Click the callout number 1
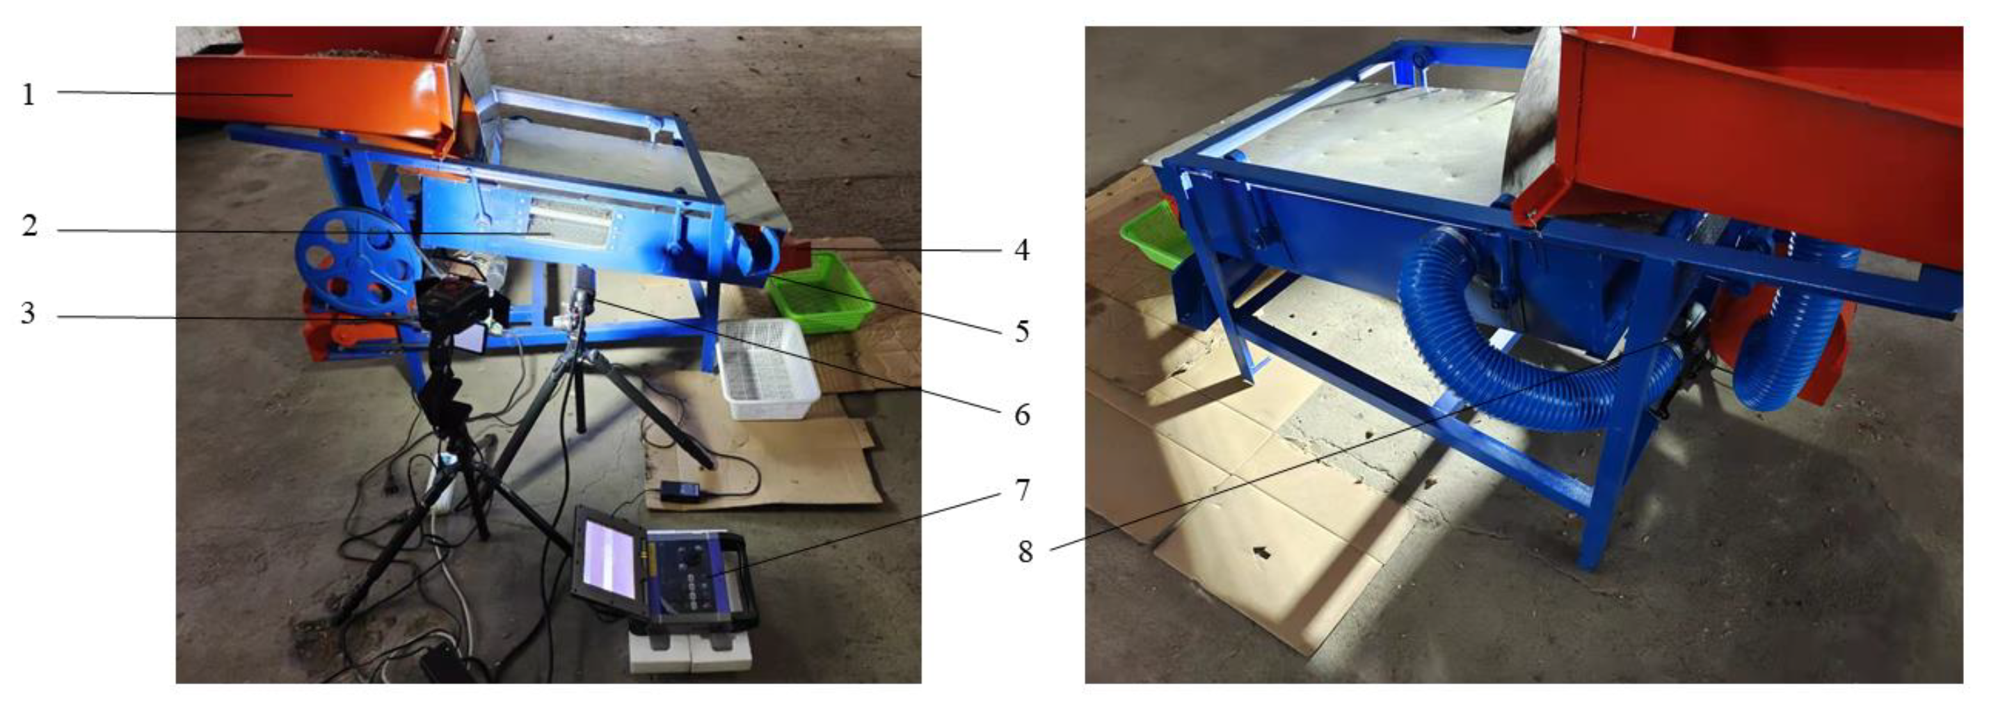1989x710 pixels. (x=29, y=94)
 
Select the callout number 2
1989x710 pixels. (x=29, y=226)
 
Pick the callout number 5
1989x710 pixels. (x=1021, y=331)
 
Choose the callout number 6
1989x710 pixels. (x=1021, y=414)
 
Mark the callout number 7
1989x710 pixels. (x=1021, y=490)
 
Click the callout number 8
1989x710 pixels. (x=1025, y=551)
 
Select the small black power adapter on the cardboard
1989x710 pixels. (x=680, y=490)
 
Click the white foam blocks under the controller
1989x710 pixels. (x=689, y=652)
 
